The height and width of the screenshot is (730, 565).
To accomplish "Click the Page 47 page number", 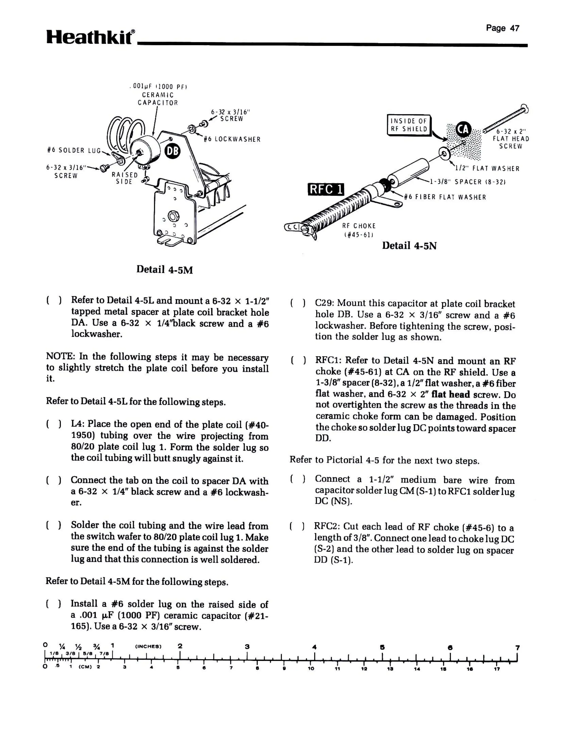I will coord(502,28).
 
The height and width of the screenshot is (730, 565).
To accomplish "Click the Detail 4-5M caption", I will coord(165,270).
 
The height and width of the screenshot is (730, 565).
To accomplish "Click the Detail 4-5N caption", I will coord(409,246).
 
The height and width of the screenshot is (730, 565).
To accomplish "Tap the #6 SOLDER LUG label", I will coord(74,150).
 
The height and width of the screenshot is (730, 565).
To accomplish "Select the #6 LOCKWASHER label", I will coord(232,139).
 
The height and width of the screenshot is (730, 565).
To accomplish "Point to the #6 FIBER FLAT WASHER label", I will coord(445,197).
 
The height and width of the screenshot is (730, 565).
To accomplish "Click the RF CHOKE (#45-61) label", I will coord(359,230).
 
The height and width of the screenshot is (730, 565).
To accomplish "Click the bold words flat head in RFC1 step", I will coord(450,394).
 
